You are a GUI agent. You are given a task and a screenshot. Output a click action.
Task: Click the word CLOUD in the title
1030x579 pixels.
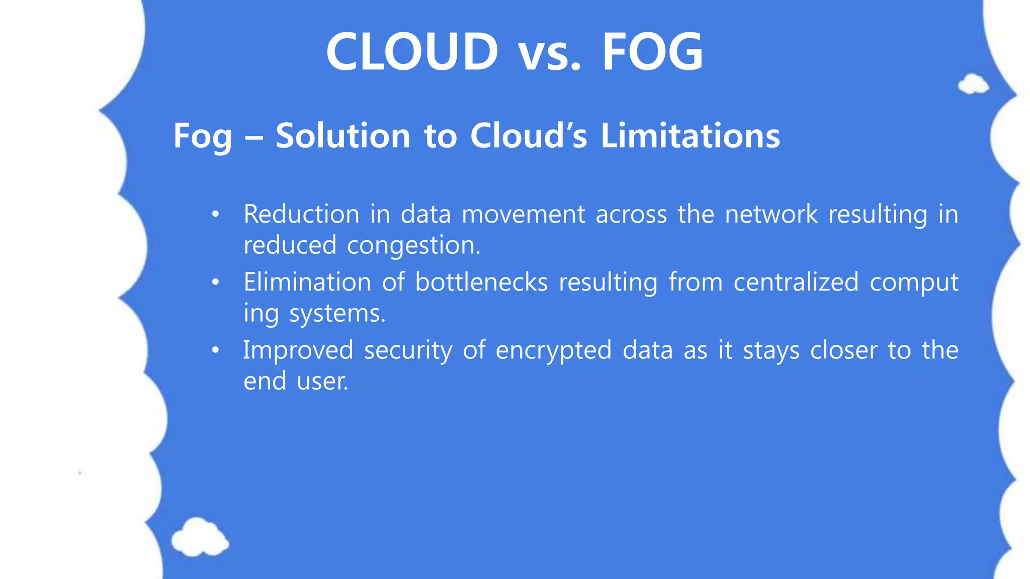point(412,51)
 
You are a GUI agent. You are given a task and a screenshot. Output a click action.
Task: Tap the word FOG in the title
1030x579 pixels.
point(652,51)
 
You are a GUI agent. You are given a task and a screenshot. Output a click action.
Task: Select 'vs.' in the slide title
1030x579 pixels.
point(550,54)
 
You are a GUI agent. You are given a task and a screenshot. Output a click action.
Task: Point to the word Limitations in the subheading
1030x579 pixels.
point(690,136)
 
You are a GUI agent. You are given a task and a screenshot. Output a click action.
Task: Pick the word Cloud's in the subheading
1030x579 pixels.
point(528,136)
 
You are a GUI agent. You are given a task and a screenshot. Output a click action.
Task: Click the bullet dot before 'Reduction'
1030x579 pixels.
point(216,215)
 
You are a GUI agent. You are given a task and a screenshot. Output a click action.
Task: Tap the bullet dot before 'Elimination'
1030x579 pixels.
point(216,282)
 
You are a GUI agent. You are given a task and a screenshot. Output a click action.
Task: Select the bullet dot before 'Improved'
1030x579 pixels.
point(216,350)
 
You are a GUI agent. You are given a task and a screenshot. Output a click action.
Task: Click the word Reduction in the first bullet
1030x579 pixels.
point(301,214)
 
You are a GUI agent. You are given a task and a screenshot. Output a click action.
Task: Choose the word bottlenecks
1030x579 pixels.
point(481,282)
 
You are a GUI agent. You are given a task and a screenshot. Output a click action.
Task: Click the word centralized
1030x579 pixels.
point(796,282)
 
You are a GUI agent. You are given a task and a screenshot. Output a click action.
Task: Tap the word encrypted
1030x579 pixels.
point(553,351)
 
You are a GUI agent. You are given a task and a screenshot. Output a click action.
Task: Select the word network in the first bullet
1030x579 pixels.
point(771,214)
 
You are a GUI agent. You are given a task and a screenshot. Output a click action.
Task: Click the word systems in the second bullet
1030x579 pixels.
point(337,314)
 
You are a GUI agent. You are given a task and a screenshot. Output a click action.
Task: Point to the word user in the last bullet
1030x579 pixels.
point(322,381)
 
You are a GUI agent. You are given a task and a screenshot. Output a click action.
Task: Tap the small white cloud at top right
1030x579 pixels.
point(973,84)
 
